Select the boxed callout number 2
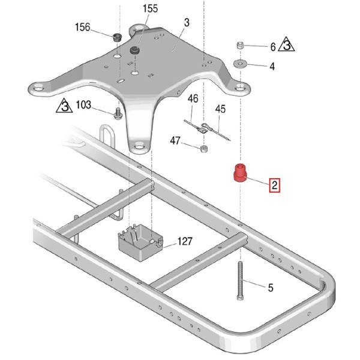pos(275,185)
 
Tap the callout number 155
pos(151,9)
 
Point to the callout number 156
pos(82,28)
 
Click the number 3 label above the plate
pos(187,23)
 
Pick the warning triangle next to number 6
pos(287,44)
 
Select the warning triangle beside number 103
pos(64,106)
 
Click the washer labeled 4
pos(240,63)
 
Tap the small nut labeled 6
pos(240,45)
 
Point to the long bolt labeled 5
pos(240,281)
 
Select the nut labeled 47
pos(204,149)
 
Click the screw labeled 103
pos(118,113)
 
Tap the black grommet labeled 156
pos(118,37)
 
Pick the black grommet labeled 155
pos(135,50)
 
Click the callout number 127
pos(185,241)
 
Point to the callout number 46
pos(193,99)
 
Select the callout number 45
pos(220,109)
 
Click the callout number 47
pos(175,140)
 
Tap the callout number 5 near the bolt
pos(271,287)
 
